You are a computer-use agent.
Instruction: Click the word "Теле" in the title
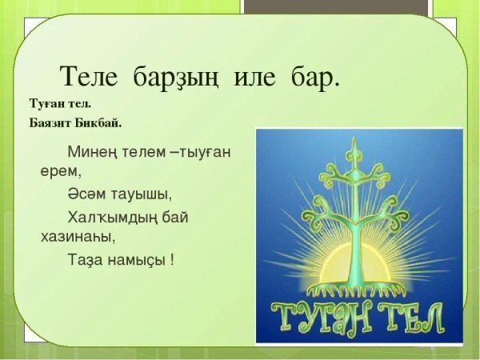(x=90, y=78)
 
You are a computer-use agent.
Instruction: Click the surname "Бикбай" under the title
(x=100, y=123)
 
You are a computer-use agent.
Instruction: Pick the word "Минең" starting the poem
(x=92, y=150)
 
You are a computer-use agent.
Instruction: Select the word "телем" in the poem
(x=143, y=150)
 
